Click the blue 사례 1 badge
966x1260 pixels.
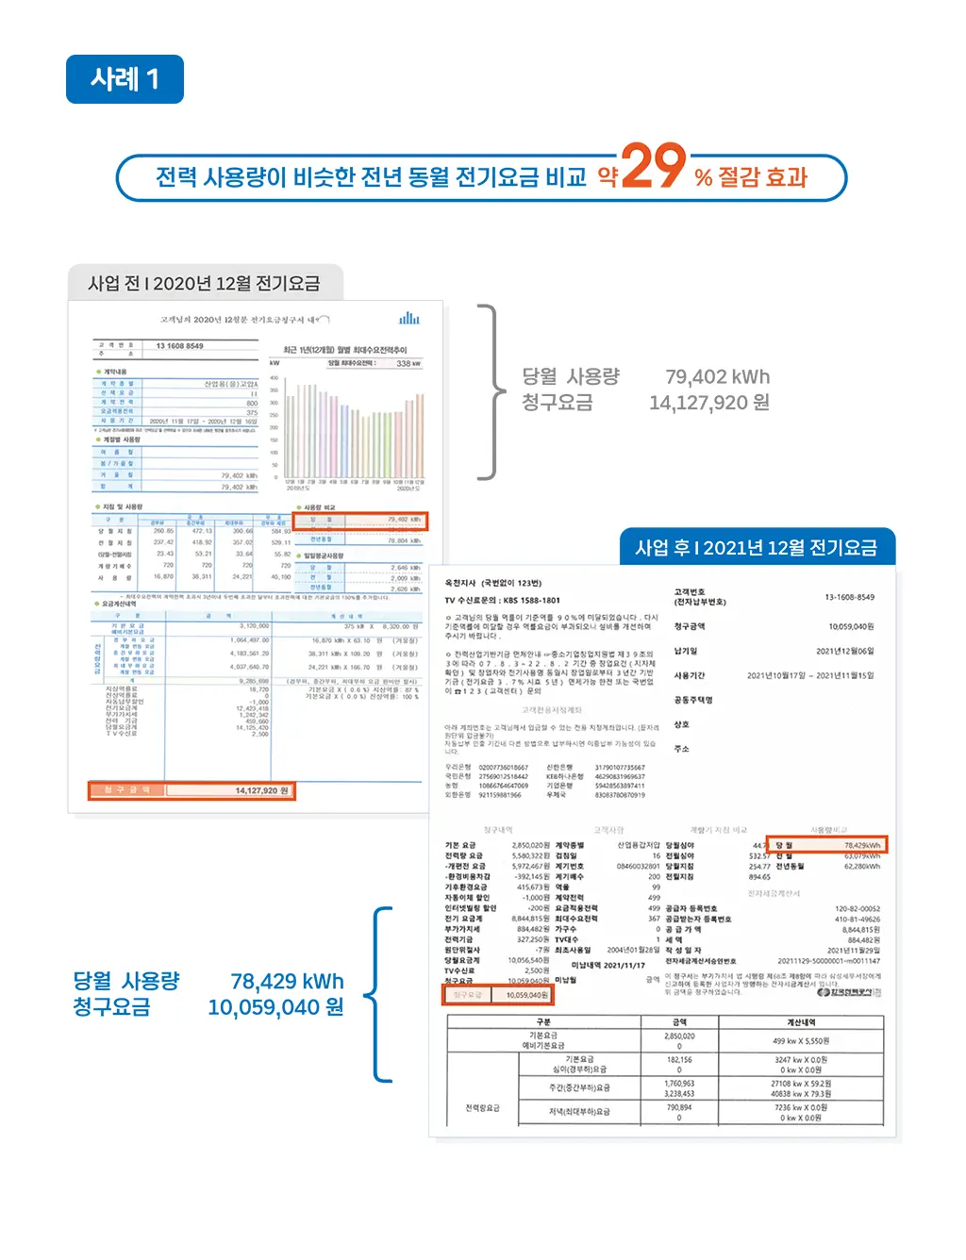point(125,79)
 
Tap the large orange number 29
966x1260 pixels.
point(653,167)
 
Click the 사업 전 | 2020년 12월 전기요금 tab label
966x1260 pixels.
point(204,284)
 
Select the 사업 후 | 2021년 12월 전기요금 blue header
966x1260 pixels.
point(756,548)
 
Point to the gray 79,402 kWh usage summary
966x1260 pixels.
point(717,377)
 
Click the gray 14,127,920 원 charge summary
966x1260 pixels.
point(708,403)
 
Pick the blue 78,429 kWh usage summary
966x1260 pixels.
point(287,982)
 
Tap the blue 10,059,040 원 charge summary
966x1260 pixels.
point(275,1007)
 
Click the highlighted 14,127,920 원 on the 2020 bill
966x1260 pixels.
point(261,790)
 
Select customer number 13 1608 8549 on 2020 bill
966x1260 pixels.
point(180,346)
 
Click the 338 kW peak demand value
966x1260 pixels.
point(408,363)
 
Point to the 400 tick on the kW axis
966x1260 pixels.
point(275,377)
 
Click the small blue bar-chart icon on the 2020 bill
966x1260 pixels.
point(408,319)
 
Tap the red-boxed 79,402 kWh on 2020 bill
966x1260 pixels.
point(404,520)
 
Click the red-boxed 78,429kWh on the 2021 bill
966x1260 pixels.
point(861,845)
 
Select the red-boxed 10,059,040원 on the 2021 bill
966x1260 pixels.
point(525,995)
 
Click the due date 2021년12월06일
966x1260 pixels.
point(844,652)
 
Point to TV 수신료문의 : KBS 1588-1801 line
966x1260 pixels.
point(502,600)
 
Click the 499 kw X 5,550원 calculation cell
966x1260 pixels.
point(800,1041)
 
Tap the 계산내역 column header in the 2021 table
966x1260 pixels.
point(800,1022)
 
